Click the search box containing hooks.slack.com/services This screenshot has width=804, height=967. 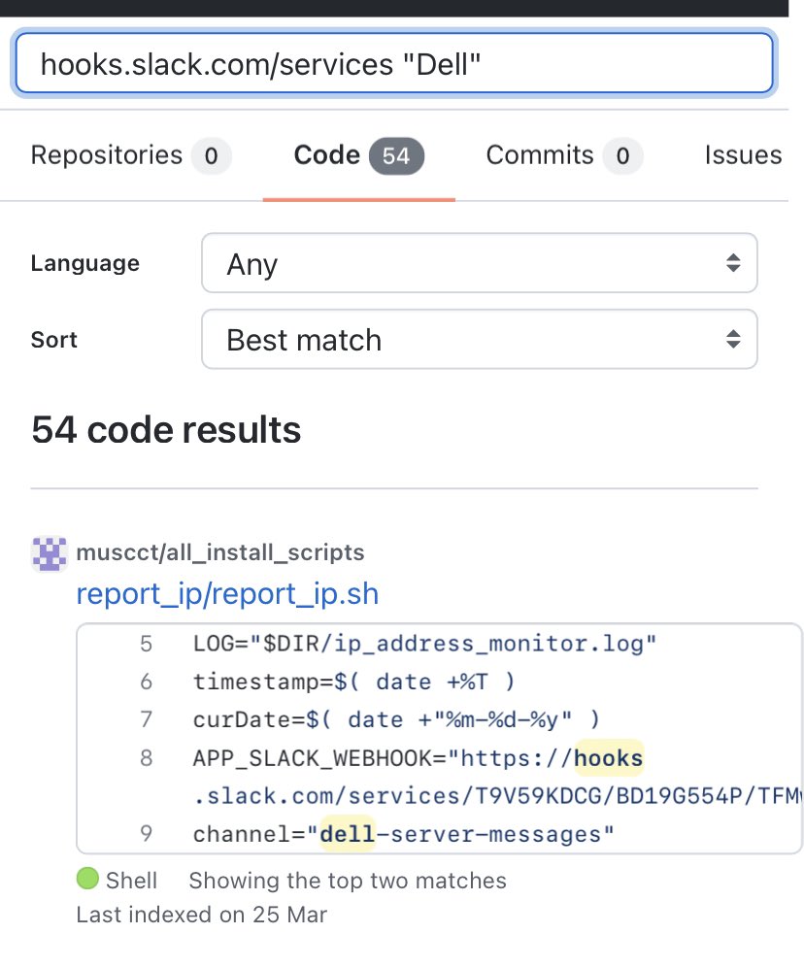(x=393, y=64)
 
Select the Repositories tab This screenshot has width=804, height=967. (x=107, y=155)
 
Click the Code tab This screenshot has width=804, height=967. (x=327, y=155)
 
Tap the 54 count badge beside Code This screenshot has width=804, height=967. (x=396, y=156)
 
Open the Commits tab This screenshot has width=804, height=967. (x=540, y=155)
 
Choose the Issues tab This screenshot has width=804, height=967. (x=743, y=155)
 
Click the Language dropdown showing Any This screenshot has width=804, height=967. (x=479, y=263)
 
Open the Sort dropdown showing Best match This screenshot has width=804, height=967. (x=479, y=340)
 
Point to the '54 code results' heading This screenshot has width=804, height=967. (x=166, y=429)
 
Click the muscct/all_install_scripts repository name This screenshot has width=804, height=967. (x=219, y=552)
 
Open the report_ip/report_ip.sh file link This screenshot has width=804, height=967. (x=227, y=593)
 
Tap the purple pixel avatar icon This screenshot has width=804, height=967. (x=50, y=552)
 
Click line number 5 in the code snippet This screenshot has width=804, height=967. (x=147, y=644)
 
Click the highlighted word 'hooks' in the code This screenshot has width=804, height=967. (x=609, y=757)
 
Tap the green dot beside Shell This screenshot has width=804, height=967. (x=87, y=880)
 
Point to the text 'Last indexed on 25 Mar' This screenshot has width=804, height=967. (x=202, y=914)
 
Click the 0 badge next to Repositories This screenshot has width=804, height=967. (x=211, y=156)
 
